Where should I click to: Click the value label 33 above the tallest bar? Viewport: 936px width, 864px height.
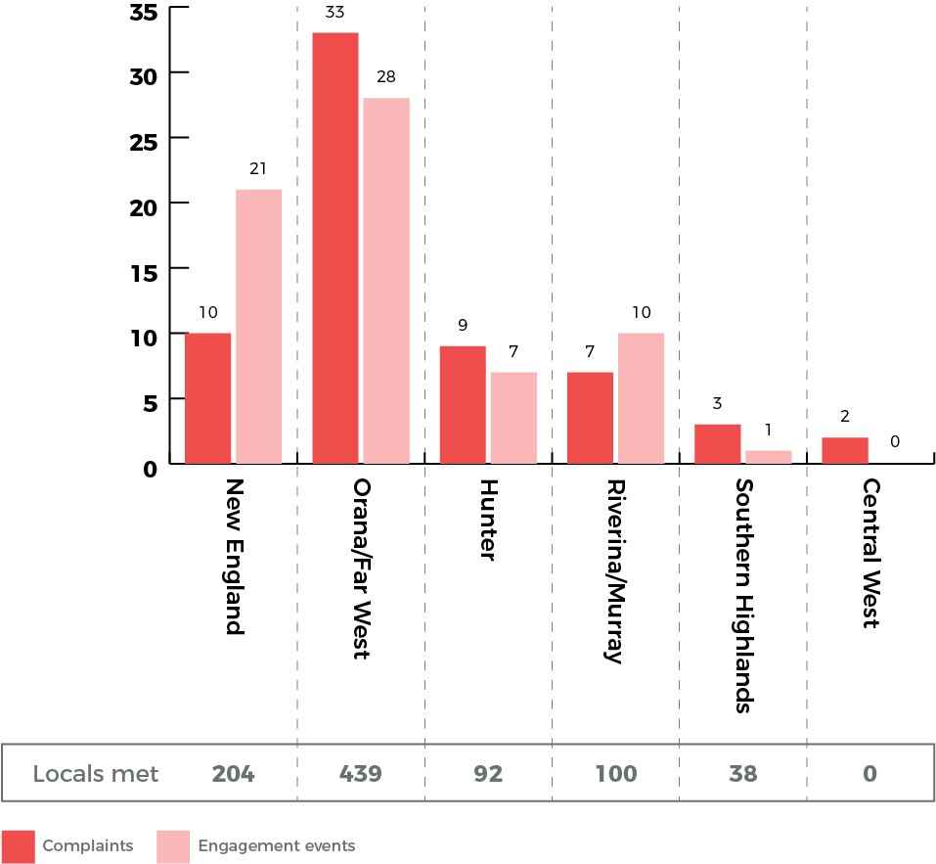[x=334, y=14]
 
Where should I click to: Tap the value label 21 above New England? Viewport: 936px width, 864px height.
[x=258, y=169]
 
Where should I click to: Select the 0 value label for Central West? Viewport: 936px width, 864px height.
[x=895, y=442]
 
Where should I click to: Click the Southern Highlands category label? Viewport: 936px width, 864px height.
[x=743, y=595]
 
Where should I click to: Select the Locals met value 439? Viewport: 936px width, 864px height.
[x=360, y=774]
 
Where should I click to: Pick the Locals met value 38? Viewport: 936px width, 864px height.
[x=742, y=774]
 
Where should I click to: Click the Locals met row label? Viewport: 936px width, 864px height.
[x=96, y=774]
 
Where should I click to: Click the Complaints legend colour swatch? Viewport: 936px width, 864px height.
[x=18, y=846]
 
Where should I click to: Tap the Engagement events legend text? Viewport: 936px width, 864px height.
[x=276, y=846]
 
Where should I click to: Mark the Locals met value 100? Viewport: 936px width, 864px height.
[x=615, y=774]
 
